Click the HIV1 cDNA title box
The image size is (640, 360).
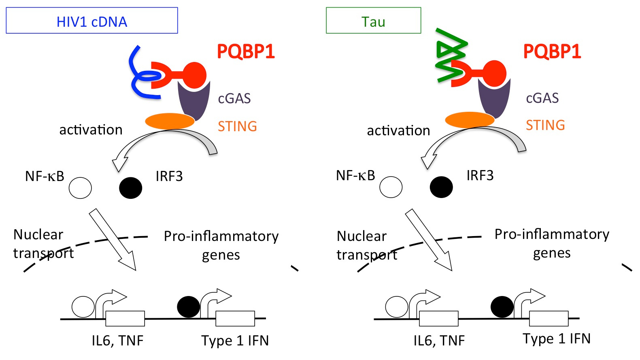click(x=92, y=21)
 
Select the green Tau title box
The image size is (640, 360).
click(x=373, y=21)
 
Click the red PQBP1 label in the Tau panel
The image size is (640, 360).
click(x=552, y=51)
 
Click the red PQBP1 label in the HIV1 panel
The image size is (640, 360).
click(x=246, y=51)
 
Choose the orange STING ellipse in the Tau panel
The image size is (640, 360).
click(x=470, y=120)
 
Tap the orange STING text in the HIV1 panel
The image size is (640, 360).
click(x=237, y=126)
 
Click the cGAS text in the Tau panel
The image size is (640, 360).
click(x=542, y=98)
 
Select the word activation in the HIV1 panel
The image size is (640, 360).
click(x=91, y=130)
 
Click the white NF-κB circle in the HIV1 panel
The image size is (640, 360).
click(x=80, y=188)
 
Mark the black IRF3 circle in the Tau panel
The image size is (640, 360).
click(x=441, y=187)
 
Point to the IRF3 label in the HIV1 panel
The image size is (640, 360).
click(x=169, y=176)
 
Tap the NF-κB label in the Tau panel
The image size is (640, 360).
click(x=355, y=175)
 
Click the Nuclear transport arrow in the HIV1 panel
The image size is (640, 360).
click(x=113, y=240)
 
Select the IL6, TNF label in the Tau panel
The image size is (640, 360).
click(x=439, y=341)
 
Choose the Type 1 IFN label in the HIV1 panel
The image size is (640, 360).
click(x=235, y=341)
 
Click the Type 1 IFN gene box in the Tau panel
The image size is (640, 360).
click(x=549, y=318)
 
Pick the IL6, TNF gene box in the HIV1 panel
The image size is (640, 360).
click(x=125, y=318)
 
